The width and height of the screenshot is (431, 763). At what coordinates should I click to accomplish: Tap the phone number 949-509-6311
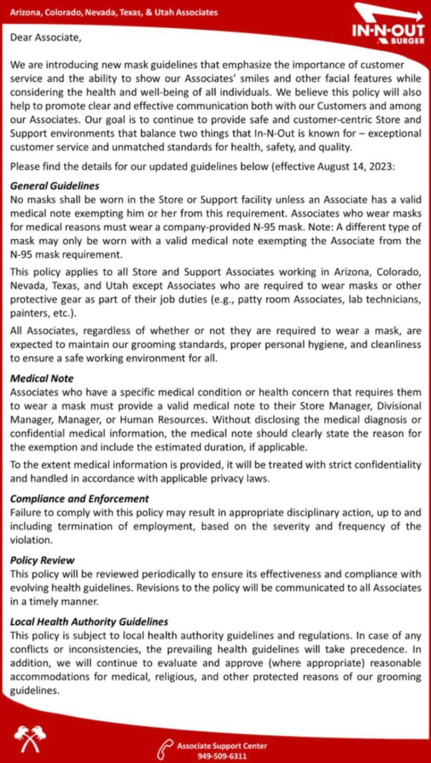point(222,756)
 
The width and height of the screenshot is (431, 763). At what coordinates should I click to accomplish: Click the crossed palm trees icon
point(30,738)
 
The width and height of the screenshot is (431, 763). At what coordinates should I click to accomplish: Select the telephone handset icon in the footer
point(165,750)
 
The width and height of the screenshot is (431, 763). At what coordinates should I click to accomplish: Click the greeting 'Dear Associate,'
point(46,37)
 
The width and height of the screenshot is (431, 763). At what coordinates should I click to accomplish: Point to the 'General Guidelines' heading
point(55,186)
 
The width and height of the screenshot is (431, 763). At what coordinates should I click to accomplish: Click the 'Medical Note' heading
point(42,379)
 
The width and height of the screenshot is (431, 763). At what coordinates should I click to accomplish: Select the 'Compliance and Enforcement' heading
point(79,499)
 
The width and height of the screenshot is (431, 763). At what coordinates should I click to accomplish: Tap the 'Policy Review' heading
point(42,560)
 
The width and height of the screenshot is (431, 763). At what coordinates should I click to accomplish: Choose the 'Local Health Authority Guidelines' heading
point(89,622)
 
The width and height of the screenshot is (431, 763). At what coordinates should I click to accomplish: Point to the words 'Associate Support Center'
point(222,746)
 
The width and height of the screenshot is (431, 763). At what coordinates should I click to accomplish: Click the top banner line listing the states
point(114,12)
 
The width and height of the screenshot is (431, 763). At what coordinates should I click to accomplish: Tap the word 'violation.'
point(31,540)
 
